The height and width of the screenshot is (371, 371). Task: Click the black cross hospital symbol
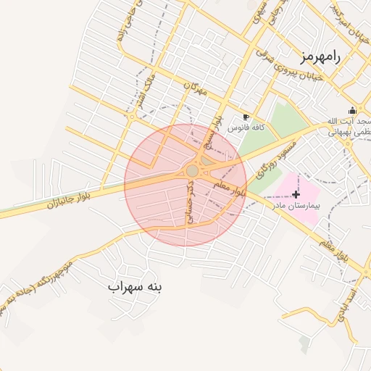296,193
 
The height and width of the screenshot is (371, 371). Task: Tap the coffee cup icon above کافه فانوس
246,117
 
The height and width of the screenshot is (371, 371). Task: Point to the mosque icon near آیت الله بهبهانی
351,111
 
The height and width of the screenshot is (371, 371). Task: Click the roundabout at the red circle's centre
192,170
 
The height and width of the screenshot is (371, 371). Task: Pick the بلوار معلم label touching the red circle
231,190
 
